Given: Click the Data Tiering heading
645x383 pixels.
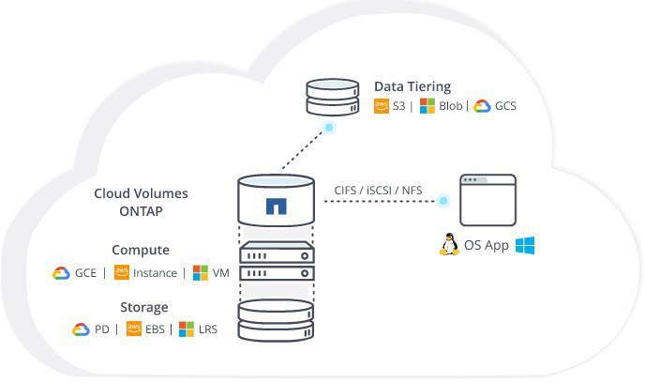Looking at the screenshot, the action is coord(412,87).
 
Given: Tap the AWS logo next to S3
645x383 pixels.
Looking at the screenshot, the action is coord(382,106).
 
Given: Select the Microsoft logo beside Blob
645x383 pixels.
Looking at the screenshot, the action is coord(427,106).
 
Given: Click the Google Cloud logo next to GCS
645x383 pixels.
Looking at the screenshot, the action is coord(482,106).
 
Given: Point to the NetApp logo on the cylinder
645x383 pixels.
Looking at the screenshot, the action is coord(276,207).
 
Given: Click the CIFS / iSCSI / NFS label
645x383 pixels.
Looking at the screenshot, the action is coord(378,191).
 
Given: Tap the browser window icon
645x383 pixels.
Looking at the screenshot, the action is coord(487,200).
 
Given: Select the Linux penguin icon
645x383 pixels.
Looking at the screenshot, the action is coord(449,244).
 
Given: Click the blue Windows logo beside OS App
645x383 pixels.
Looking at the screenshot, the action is coord(525,245).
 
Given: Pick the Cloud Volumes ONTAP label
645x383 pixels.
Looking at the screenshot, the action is coord(141,202).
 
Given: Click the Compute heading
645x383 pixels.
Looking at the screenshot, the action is coord(141,250).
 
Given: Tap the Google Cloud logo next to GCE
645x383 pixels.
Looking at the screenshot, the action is coord(61,273).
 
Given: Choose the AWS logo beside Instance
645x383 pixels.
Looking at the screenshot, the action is coord(121,272).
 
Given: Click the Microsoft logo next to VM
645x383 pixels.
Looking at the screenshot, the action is coord(201,272).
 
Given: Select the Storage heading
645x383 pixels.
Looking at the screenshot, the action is coord(144,307).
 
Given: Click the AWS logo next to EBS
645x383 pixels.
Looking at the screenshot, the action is coord(134,329).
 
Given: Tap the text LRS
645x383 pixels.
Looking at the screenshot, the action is coord(208,329).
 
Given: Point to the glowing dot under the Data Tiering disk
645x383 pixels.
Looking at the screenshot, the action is coord(329,128).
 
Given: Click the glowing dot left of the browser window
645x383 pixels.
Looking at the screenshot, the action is coord(443,201).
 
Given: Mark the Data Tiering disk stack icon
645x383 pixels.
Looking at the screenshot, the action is coord(333,97).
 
